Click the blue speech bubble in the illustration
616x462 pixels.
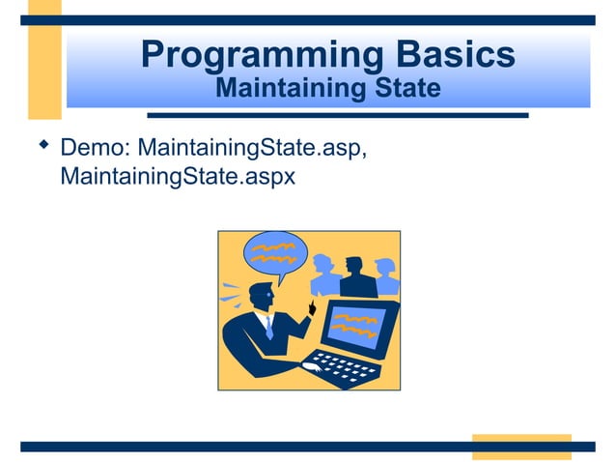click(x=274, y=253)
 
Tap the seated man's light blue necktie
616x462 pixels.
click(x=269, y=328)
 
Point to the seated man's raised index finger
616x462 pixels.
click(x=311, y=305)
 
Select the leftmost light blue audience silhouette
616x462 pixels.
click(x=324, y=277)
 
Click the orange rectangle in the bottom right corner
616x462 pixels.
click(x=520, y=447)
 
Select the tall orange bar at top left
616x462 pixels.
click(x=43, y=58)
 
